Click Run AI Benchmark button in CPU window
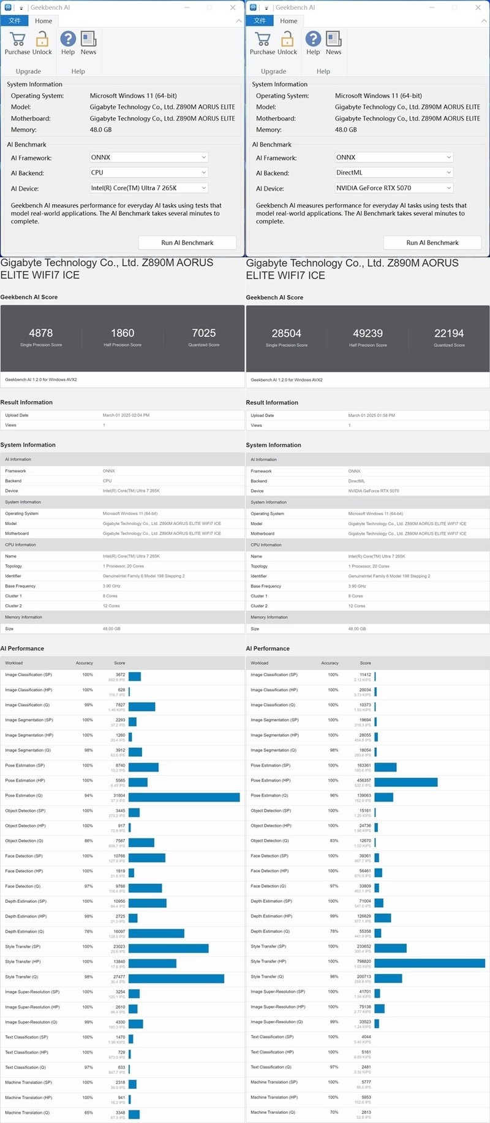tap(187, 243)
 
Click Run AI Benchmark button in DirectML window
tap(432, 243)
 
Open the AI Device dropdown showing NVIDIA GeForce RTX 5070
tap(394, 188)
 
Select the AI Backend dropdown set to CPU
tap(149, 173)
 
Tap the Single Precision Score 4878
tap(41, 334)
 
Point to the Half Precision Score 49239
tap(367, 334)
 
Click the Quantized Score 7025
tap(204, 334)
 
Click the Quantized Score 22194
tap(449, 334)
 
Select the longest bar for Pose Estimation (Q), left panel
tap(184, 797)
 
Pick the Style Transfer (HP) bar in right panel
tap(429, 964)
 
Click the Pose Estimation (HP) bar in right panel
tap(405, 782)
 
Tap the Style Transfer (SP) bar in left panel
tap(168, 948)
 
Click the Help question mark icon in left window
tap(68, 39)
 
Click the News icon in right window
tap(333, 39)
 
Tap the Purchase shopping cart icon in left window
tap(18, 39)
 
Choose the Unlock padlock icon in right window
tap(287, 39)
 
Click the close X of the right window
tap(478, 7)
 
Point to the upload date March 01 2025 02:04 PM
tap(126, 415)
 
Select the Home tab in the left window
tap(43, 21)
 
